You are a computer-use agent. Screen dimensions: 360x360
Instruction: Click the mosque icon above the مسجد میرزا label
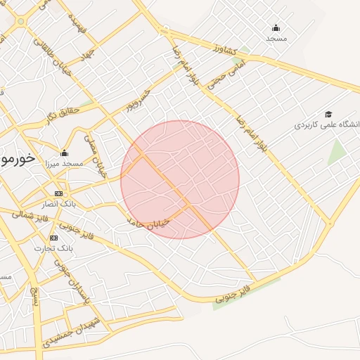(x=65, y=153)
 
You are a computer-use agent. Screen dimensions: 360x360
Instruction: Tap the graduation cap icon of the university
(x=328, y=114)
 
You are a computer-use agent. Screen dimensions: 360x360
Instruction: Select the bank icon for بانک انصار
(x=58, y=193)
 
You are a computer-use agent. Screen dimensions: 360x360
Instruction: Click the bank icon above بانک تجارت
(x=54, y=238)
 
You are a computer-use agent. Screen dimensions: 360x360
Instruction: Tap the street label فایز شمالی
(x=32, y=213)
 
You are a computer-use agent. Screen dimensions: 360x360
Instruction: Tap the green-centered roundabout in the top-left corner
(x=21, y=21)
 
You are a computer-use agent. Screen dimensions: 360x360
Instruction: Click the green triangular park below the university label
(x=337, y=152)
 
